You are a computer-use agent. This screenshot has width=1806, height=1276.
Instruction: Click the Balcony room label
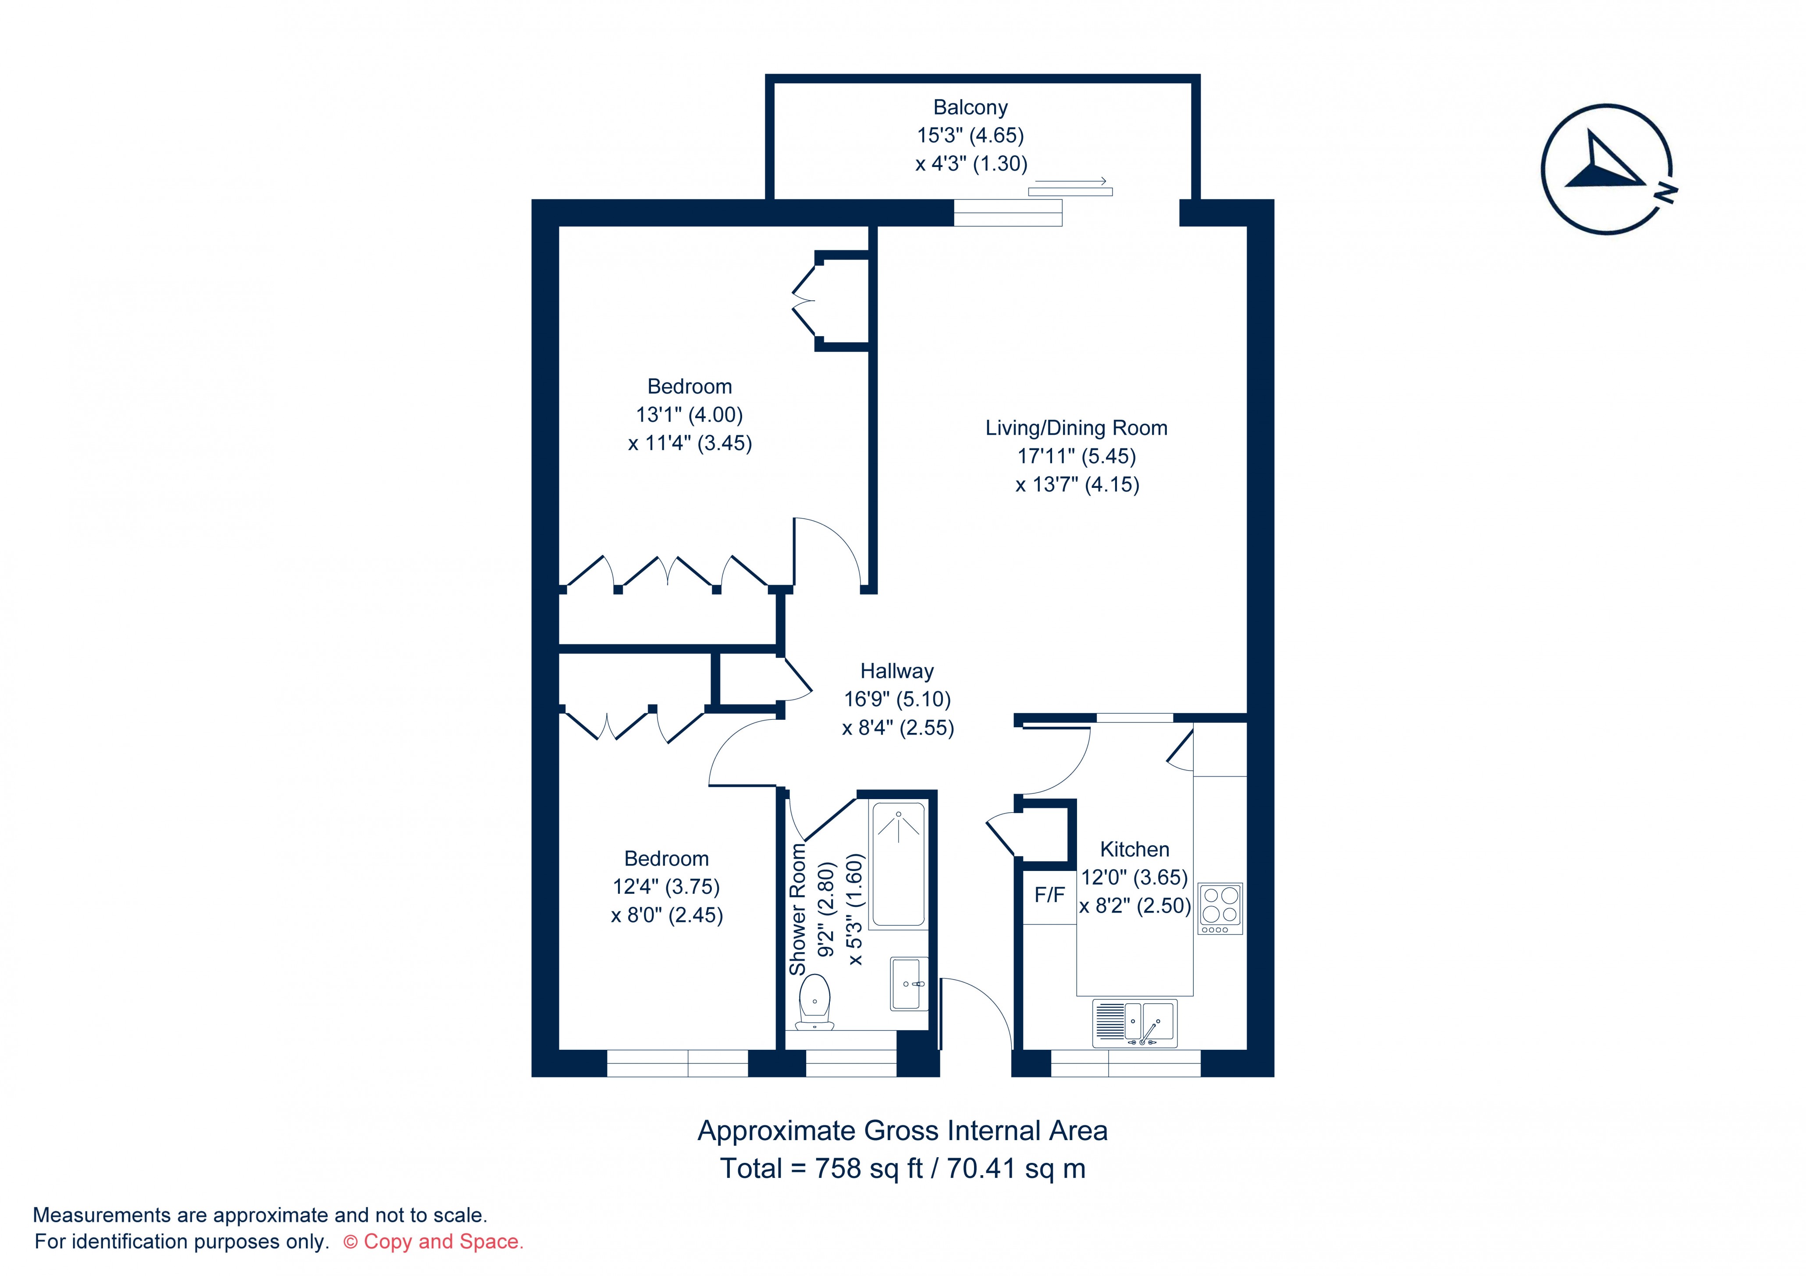(x=970, y=107)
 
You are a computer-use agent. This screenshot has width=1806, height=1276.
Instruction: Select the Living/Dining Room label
(x=1076, y=428)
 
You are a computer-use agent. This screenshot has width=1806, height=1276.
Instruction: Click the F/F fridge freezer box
(x=1049, y=895)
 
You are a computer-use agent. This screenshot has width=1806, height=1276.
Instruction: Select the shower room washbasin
(x=909, y=983)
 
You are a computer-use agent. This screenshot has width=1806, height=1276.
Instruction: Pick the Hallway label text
(x=897, y=671)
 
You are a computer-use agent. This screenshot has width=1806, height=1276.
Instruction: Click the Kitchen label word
(x=1134, y=849)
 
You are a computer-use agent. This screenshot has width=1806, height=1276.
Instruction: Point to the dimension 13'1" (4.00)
(x=689, y=415)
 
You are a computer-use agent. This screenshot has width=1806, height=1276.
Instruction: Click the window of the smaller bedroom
(x=677, y=1063)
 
